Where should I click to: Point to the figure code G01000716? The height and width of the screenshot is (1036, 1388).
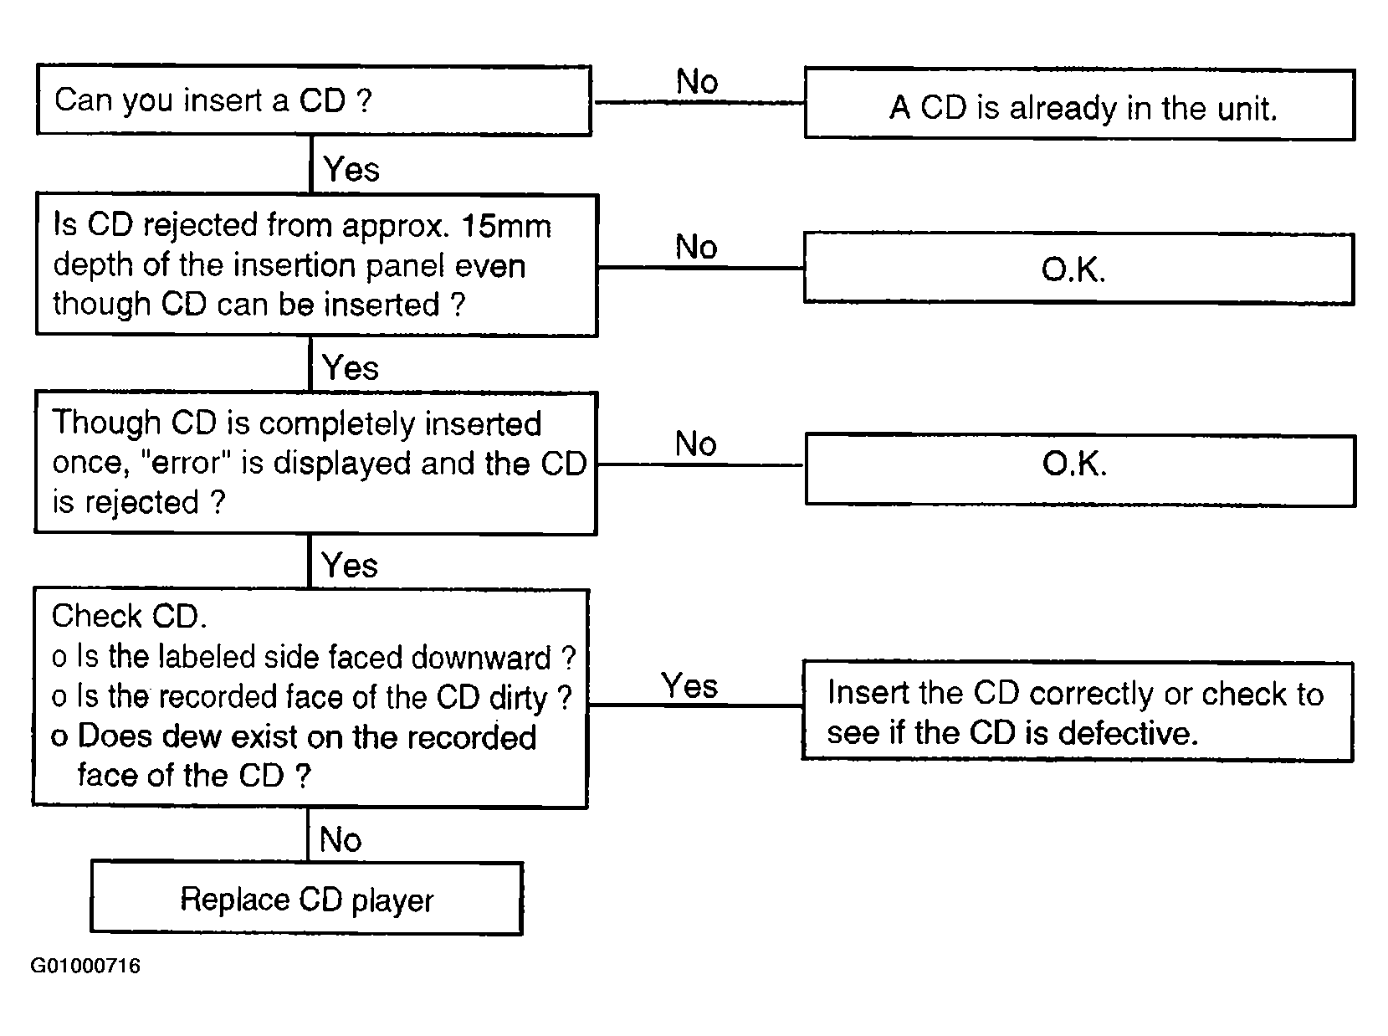(x=85, y=966)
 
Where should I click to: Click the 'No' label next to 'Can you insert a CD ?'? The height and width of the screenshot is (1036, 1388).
(x=697, y=81)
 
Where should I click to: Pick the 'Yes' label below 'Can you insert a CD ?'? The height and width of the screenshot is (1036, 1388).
(x=351, y=169)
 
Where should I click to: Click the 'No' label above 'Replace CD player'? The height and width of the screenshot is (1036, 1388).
(x=341, y=839)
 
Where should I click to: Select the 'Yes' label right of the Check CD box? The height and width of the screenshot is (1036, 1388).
(x=689, y=685)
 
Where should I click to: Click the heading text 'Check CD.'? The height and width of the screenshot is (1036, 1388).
(x=129, y=615)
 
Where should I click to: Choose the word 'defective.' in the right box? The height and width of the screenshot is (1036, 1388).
(x=1128, y=732)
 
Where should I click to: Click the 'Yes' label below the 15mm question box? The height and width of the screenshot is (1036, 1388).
(x=350, y=367)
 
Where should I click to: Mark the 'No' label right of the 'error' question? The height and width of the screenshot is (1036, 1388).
(x=695, y=444)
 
